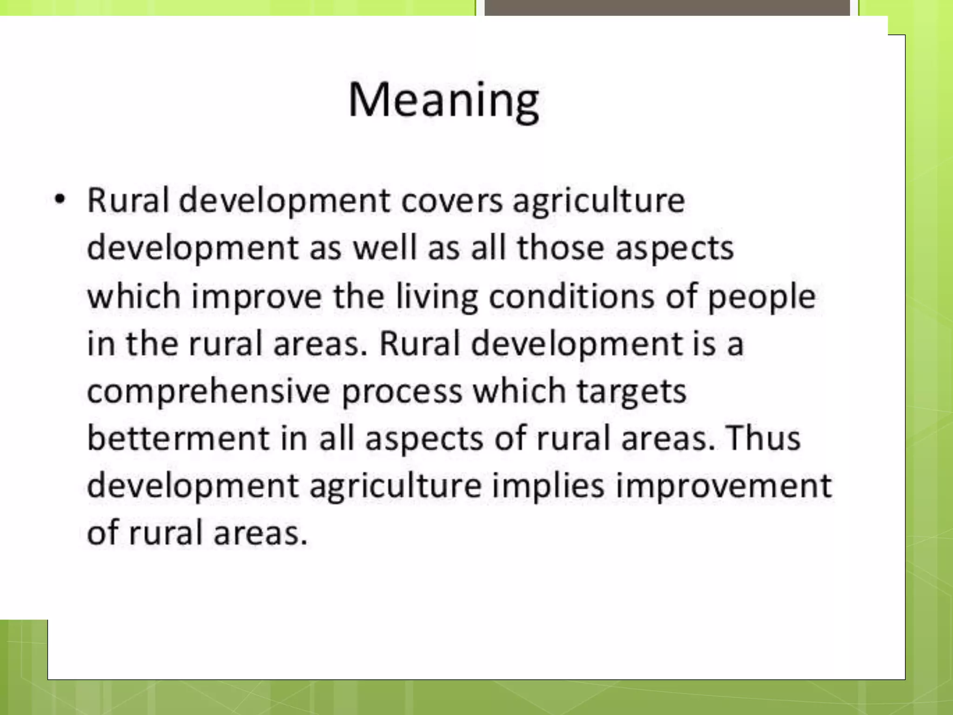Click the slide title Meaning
[x=443, y=101]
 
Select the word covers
[x=452, y=201]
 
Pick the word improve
[x=257, y=297]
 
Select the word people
[x=761, y=297]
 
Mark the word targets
[x=631, y=391]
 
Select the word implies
[x=548, y=486]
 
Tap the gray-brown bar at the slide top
[x=667, y=7]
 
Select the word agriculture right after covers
[x=599, y=201]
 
